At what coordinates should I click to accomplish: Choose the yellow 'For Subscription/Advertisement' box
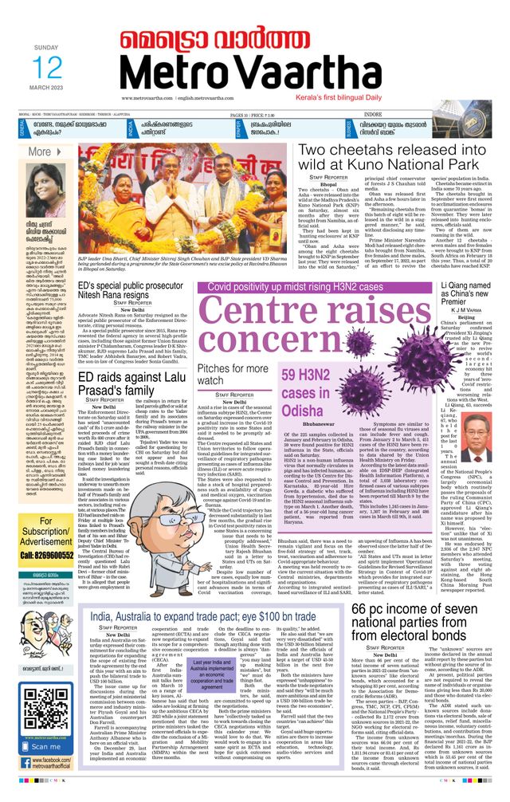pos(45,532)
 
